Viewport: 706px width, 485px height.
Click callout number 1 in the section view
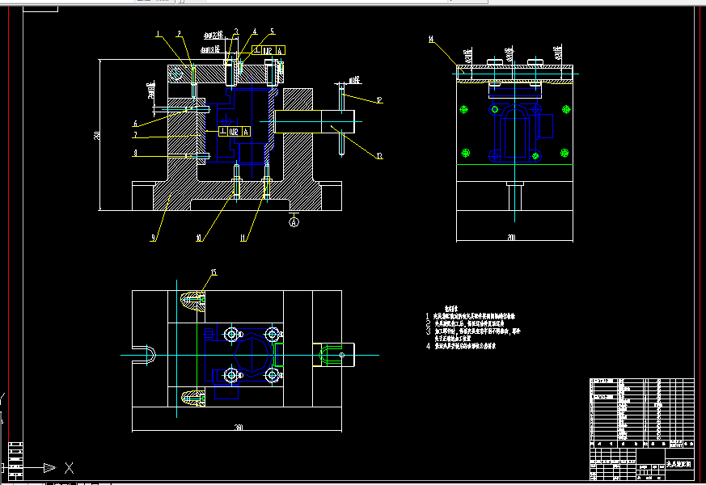[159, 34]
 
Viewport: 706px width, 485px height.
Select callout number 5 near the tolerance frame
[273, 32]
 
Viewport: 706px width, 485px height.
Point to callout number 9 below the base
[153, 238]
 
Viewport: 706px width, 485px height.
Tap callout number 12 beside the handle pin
[378, 99]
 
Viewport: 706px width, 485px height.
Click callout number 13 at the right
[378, 155]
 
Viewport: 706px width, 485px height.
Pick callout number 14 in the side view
[432, 38]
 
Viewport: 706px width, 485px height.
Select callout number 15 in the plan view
[213, 272]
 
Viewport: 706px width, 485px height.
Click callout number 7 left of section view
[136, 136]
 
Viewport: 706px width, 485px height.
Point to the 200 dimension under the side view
[512, 238]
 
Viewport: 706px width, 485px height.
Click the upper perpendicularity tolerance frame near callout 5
[269, 50]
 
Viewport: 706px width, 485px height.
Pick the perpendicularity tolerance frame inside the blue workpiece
[234, 131]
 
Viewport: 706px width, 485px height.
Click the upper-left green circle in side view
[463, 110]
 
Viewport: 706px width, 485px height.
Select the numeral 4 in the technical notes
[429, 345]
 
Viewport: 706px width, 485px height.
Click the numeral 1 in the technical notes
[429, 315]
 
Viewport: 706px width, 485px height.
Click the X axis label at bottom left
[70, 467]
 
